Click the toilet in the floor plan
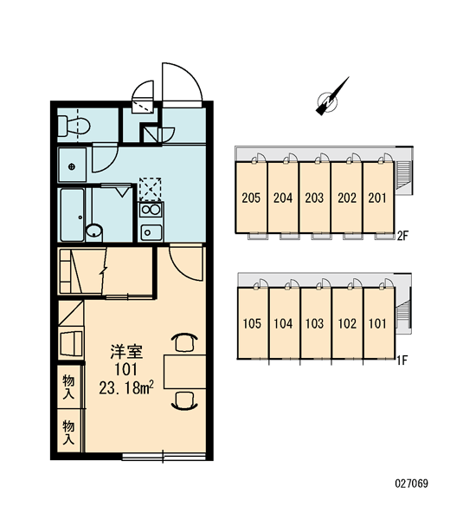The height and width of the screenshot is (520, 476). click(x=74, y=127)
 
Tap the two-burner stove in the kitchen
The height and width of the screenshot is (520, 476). click(x=151, y=210)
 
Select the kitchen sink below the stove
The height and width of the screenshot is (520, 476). click(x=151, y=232)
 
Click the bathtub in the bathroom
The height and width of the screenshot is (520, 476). click(x=72, y=215)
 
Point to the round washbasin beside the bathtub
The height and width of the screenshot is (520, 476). click(x=94, y=231)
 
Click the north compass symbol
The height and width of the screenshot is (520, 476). click(x=331, y=97)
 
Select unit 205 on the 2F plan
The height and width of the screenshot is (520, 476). click(x=251, y=198)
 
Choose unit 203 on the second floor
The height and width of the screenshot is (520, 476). click(x=314, y=198)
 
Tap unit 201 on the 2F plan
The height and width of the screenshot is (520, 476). click(x=378, y=198)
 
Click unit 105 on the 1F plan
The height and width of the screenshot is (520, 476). click(x=253, y=323)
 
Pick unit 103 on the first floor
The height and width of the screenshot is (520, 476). click(x=316, y=323)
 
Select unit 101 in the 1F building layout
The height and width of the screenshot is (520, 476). click(x=379, y=323)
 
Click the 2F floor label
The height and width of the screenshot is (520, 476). click(x=402, y=236)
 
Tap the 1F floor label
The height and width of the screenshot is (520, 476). click(x=402, y=360)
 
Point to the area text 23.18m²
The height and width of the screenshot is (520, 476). click(x=126, y=387)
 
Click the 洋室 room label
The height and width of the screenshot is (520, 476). click(x=126, y=352)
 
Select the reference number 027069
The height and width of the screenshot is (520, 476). click(x=411, y=484)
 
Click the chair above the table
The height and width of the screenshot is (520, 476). click(x=184, y=342)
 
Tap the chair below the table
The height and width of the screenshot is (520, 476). click(x=184, y=401)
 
